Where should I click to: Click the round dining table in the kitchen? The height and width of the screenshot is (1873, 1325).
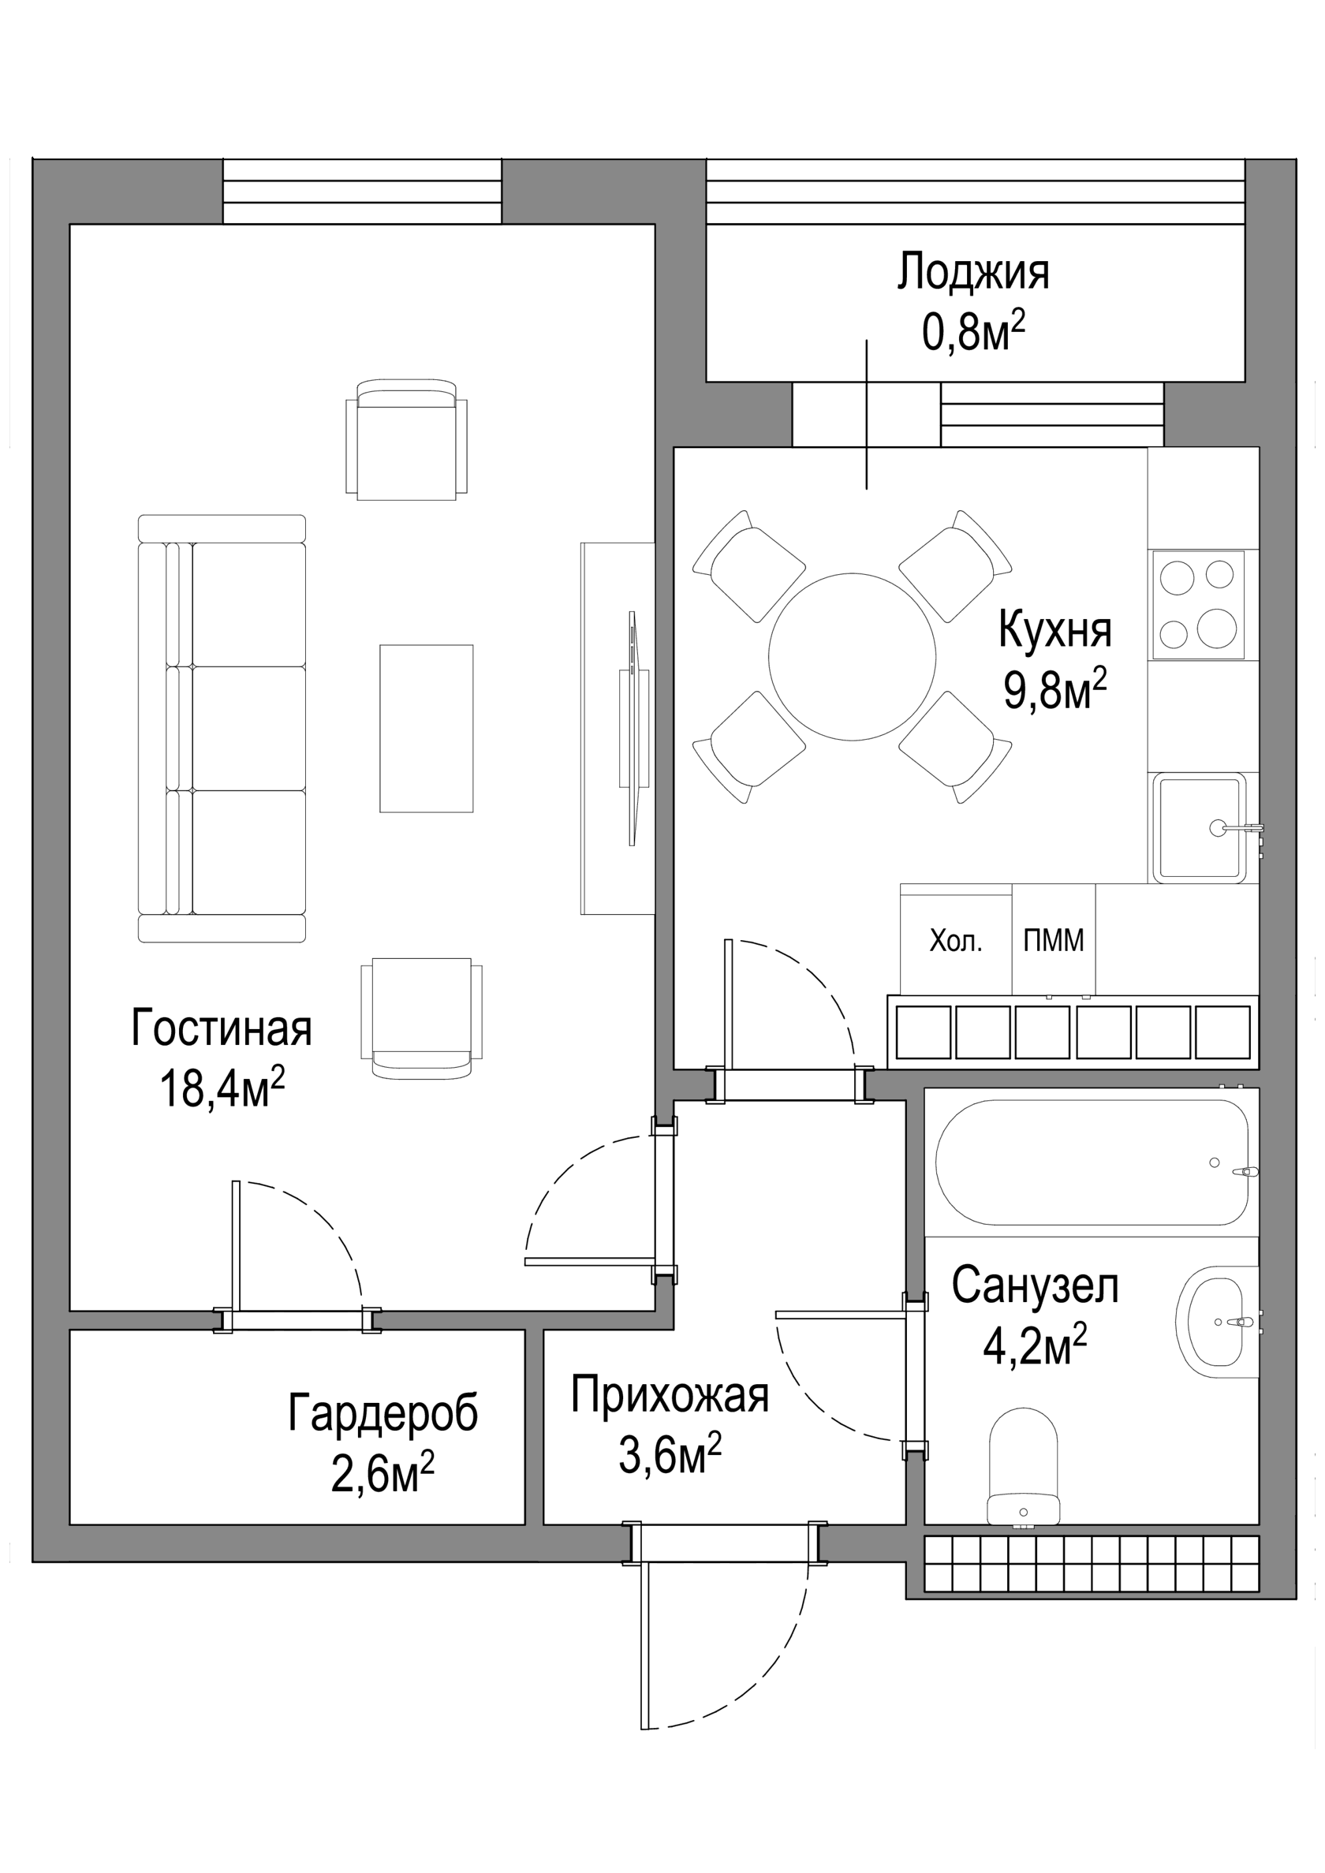point(852,657)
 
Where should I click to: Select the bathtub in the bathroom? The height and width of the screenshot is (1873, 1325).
point(1092,1163)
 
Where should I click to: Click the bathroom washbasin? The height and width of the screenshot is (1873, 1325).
point(1216,1322)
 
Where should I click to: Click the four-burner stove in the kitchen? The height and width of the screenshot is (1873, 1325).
point(1198,604)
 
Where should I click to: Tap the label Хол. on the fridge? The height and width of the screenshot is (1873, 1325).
point(955,942)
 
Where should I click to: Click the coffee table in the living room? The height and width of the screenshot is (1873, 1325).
point(426,729)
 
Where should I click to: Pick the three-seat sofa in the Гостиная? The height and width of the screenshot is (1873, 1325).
point(222,729)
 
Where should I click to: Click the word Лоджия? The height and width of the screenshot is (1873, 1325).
point(973,274)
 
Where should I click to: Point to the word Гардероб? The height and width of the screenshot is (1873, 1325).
point(383,1414)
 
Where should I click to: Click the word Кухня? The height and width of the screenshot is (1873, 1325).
point(1055,631)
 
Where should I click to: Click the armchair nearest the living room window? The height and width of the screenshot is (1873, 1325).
point(407,439)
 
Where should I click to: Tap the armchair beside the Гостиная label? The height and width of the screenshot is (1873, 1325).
point(421,1017)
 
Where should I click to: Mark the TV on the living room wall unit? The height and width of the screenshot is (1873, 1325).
point(634,729)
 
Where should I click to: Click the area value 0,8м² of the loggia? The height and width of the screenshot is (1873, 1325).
point(973,332)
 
